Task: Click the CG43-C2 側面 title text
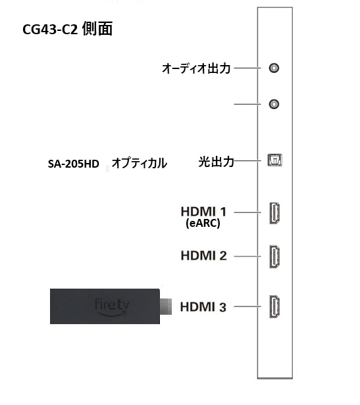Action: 68,29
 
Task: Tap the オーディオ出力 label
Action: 196,68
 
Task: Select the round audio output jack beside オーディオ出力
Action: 274,68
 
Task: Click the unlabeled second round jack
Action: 274,104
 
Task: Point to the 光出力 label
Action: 217,162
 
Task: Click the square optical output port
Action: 275,160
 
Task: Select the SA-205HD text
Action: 74,164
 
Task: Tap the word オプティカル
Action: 140,163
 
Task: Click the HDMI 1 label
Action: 203,212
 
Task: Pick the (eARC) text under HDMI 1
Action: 203,223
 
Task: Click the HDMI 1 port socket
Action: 274,213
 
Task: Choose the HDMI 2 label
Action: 204,256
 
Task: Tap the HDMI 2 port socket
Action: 274,256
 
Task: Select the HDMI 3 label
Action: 203,307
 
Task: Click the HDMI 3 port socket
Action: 274,306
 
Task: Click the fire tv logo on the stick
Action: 112,308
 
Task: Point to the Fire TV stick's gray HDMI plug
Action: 166,306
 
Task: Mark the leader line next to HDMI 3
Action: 247,306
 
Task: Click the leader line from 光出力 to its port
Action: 247,160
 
